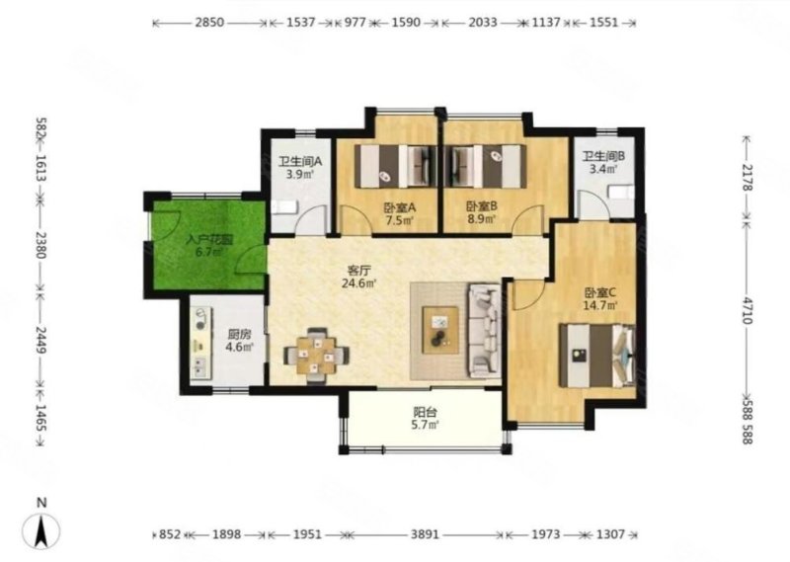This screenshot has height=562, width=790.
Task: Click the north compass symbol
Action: [x=40, y=530]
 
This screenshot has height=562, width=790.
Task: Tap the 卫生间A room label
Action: [x=300, y=162]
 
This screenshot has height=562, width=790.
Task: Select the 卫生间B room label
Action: [x=603, y=156]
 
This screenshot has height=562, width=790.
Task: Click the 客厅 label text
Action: [x=358, y=271]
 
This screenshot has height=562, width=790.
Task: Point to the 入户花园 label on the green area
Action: [x=209, y=239]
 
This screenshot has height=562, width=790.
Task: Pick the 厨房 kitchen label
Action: [x=239, y=334]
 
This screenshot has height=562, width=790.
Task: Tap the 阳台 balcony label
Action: [x=425, y=412]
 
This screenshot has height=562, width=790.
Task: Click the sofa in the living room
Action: [x=484, y=330]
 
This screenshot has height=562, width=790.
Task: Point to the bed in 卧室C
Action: [x=597, y=356]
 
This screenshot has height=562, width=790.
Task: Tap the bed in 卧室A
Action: [x=396, y=166]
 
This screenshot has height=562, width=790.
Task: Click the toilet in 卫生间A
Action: [x=283, y=207]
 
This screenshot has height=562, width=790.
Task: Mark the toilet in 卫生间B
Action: [x=621, y=192]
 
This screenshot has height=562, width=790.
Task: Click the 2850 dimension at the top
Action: [x=209, y=23]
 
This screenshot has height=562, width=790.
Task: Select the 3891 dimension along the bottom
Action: [x=425, y=533]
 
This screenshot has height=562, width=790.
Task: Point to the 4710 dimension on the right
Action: [x=748, y=310]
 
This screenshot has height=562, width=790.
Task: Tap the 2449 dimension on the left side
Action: [x=40, y=340]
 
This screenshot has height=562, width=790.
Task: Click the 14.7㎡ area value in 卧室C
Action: [x=600, y=305]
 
